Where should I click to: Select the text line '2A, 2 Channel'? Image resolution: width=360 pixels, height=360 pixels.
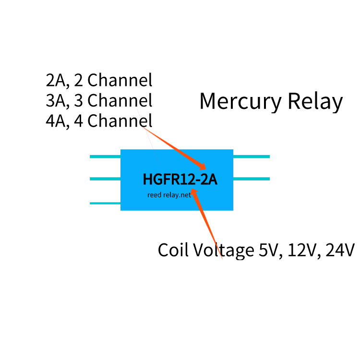(x=99, y=80)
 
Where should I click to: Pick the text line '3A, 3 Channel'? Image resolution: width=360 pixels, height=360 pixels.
(x=99, y=100)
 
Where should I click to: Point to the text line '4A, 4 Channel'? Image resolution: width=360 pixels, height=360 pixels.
(x=99, y=120)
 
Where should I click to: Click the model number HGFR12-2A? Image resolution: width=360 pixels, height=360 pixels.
(x=180, y=180)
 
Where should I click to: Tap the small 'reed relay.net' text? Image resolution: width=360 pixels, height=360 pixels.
(x=169, y=195)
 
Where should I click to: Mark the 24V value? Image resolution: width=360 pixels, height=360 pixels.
(x=340, y=250)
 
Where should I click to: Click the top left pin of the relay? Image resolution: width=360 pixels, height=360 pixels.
(x=105, y=156)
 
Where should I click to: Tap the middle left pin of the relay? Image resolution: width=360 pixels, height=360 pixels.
(x=105, y=179)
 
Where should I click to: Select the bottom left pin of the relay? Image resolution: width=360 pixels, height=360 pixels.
(x=105, y=203)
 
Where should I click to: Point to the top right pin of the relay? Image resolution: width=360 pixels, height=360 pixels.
(x=251, y=156)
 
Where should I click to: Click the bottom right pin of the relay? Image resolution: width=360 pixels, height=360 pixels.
(x=251, y=179)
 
